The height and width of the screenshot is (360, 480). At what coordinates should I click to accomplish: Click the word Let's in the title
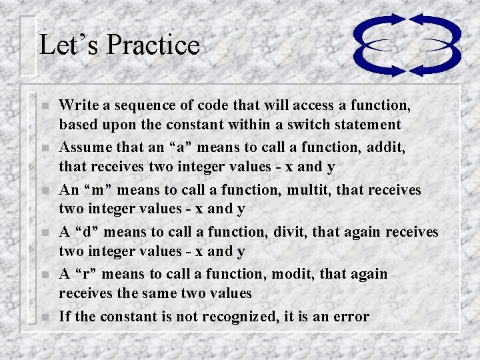(x=69, y=45)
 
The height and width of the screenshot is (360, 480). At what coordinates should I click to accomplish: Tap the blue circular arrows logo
(x=407, y=45)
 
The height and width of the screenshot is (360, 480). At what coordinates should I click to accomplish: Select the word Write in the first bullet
(x=75, y=105)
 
